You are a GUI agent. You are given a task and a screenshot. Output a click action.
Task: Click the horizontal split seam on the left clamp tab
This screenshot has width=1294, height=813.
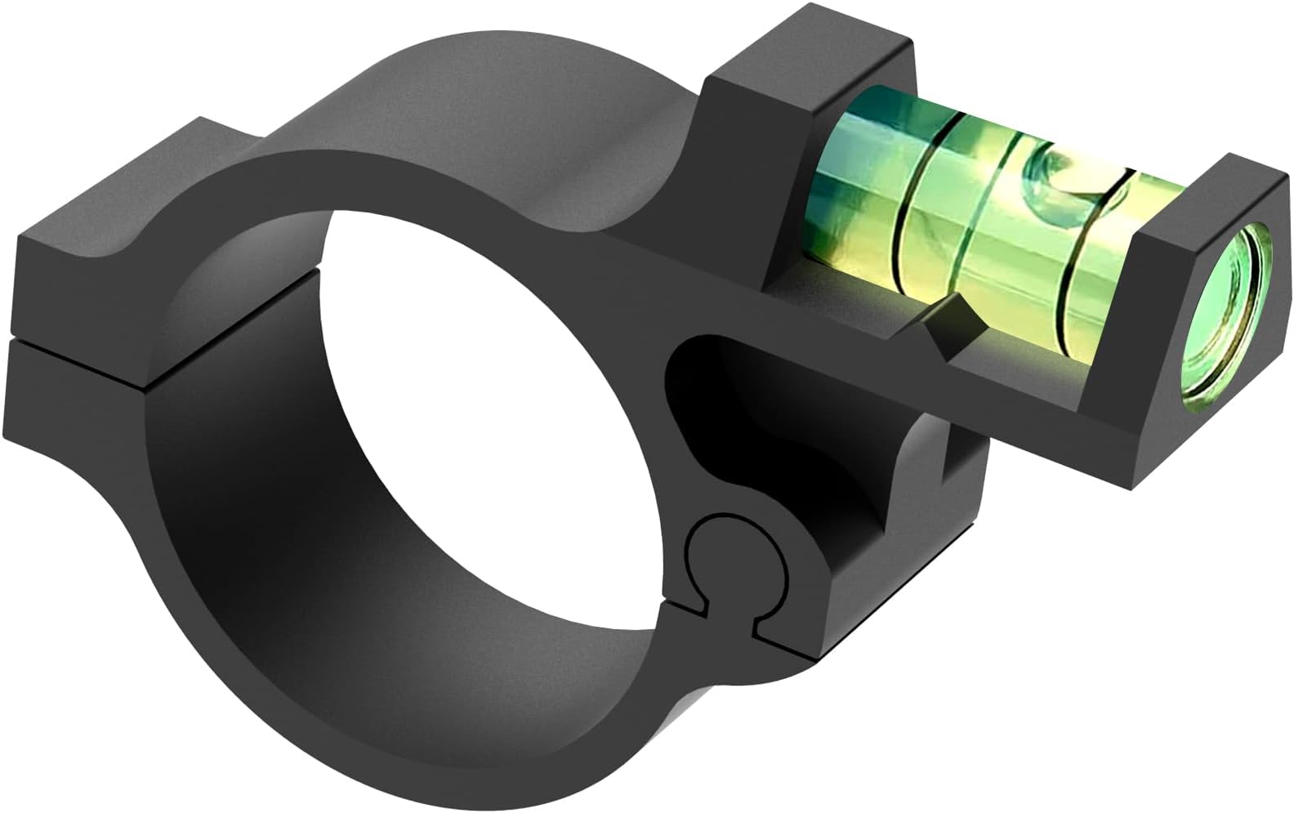(x=82, y=339)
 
